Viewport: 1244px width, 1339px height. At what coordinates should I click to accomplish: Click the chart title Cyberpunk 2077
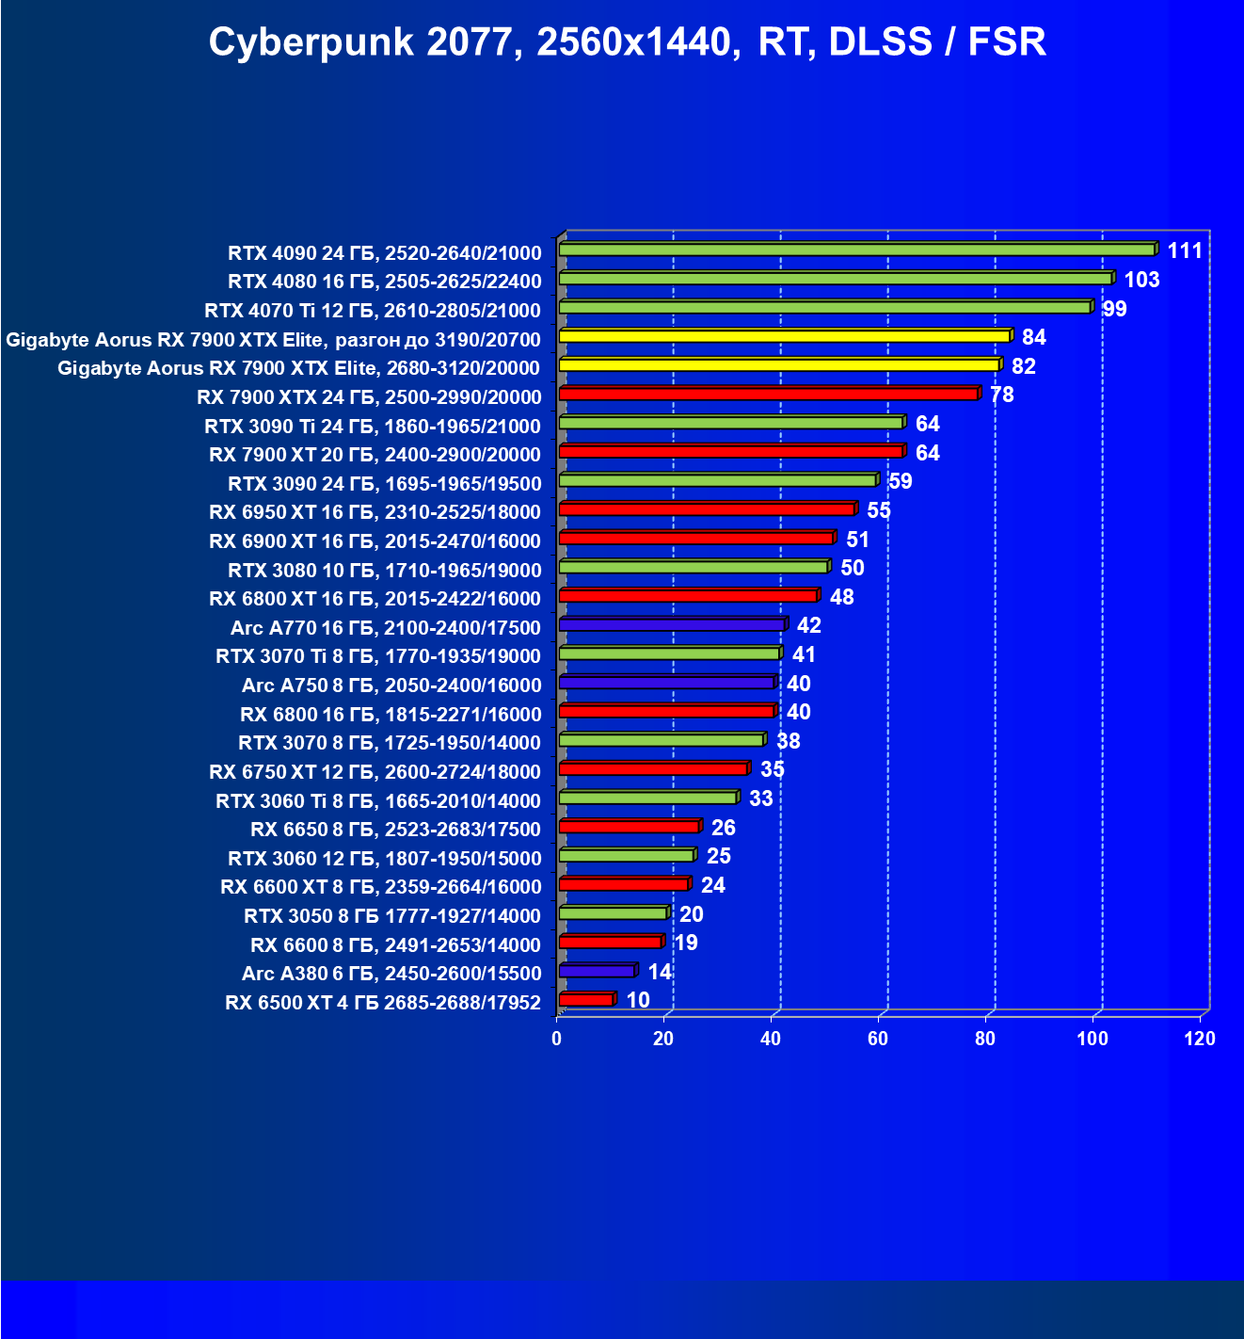(x=627, y=42)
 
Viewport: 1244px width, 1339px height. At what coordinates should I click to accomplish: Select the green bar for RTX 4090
(x=856, y=250)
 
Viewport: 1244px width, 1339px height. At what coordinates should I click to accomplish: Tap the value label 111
(x=1185, y=250)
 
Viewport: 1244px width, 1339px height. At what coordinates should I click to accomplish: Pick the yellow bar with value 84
(x=784, y=336)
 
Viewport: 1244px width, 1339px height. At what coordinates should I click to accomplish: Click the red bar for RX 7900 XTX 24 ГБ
(x=768, y=394)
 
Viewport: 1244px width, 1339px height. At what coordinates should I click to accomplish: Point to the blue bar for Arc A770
(x=671, y=624)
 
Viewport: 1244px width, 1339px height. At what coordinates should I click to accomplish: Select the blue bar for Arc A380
(x=597, y=971)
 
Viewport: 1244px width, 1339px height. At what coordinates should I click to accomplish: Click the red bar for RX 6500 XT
(x=585, y=999)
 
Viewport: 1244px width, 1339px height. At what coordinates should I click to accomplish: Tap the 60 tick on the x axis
(x=878, y=1039)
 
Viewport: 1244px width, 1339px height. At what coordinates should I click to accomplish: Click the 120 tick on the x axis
(x=1200, y=1039)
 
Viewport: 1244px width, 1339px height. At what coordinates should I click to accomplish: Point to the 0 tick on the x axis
(x=557, y=1039)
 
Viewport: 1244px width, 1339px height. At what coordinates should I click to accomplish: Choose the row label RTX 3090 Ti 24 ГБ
(x=373, y=426)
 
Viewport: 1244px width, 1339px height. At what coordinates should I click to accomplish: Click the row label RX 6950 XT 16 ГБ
(x=375, y=512)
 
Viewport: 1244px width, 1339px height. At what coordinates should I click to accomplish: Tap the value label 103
(x=1141, y=280)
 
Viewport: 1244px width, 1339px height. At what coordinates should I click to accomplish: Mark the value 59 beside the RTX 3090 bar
(x=901, y=481)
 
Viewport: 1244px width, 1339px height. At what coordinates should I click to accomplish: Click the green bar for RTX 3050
(x=612, y=913)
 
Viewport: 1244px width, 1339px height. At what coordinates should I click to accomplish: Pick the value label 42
(x=808, y=625)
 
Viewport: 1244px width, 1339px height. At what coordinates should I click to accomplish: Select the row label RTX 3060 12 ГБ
(x=385, y=859)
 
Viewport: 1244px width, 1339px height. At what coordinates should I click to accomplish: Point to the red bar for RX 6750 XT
(x=653, y=769)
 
